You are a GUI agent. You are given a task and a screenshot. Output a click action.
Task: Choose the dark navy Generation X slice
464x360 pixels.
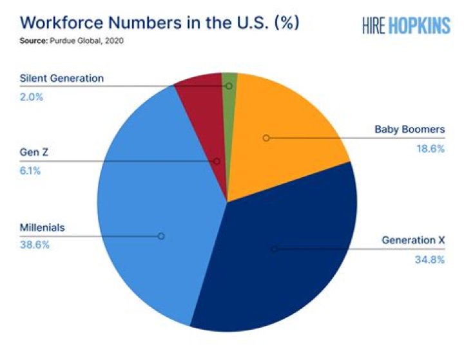[x=284, y=258]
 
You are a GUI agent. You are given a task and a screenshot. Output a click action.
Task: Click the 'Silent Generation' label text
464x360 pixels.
[x=62, y=79]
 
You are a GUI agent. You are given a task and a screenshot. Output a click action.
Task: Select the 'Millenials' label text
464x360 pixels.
[x=43, y=228]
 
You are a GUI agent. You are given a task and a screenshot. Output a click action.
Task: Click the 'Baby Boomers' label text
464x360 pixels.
[x=410, y=129]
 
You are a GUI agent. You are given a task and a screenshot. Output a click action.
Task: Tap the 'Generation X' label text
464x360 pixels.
[x=413, y=240]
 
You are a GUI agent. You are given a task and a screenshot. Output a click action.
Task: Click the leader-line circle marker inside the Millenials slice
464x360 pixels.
[x=161, y=236]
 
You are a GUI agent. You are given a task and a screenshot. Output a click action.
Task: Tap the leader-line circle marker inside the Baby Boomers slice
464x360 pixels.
[x=266, y=138]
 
